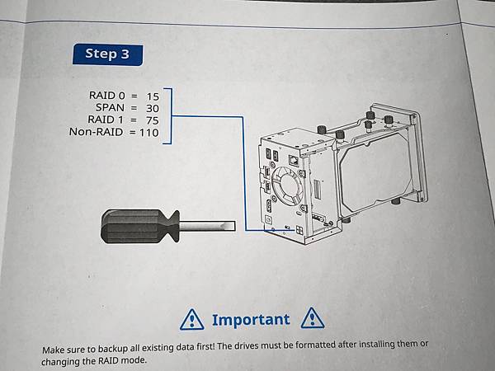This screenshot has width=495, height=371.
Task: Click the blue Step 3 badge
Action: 107,54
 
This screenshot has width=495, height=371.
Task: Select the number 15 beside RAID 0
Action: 153,96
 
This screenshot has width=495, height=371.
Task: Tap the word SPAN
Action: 111,107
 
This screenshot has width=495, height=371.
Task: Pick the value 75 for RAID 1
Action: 152,120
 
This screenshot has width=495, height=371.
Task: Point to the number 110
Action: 149,133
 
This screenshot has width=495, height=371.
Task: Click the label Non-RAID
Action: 96,132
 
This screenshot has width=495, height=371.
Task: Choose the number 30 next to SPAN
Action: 152,109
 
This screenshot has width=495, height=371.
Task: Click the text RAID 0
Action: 107,96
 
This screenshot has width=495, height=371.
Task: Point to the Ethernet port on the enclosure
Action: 294,161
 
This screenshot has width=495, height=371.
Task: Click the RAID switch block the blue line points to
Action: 299,230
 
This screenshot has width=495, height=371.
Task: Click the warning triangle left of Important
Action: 191,320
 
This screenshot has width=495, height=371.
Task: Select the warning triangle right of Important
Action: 312,318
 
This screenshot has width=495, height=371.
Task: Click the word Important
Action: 251,320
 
